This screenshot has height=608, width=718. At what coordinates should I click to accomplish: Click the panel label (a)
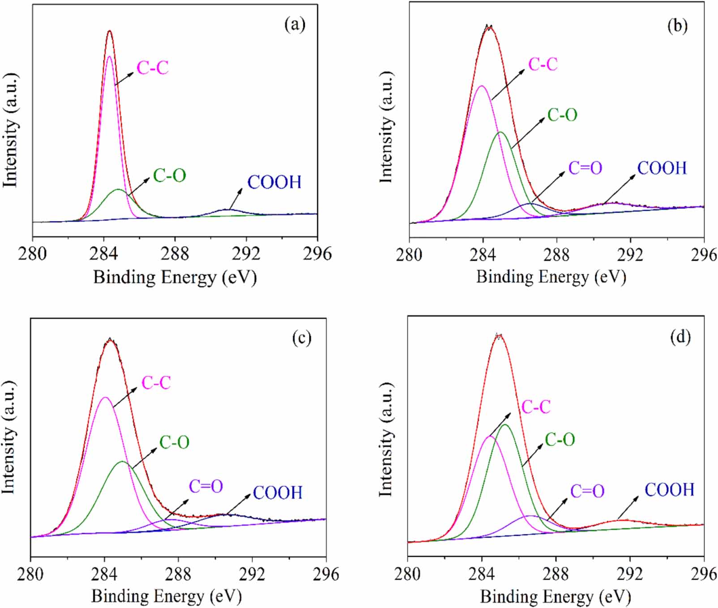coord(295,24)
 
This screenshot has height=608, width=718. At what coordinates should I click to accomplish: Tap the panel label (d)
coord(680,336)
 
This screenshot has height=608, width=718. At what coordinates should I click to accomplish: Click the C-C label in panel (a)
coord(152,68)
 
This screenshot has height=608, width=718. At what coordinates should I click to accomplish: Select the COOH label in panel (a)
coord(274,182)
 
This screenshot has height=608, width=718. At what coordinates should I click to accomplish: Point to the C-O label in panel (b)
coord(562,115)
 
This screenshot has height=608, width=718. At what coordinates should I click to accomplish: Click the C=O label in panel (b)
coord(585,168)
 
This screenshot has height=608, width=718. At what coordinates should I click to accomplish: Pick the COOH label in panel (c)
coord(278,493)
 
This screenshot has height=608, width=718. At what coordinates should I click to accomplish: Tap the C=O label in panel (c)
coord(205,486)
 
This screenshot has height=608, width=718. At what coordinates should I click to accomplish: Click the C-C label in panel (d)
coord(535,407)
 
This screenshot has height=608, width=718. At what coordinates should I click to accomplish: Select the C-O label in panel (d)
coord(560,440)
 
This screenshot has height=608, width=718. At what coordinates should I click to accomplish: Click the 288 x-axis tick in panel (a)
coord(175,254)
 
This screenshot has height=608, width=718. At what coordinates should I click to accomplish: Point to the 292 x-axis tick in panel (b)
coord(630,255)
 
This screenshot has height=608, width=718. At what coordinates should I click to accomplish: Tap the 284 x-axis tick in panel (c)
coord(104,574)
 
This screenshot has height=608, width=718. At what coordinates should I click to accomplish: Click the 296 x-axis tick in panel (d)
coord(704,574)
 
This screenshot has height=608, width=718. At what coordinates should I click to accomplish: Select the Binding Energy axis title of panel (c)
coord(167,596)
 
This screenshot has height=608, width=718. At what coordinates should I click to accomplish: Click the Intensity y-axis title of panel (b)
coord(386,127)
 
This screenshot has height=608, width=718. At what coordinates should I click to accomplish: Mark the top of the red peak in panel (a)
coord(109,31)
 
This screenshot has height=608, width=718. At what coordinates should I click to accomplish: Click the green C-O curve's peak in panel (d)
coord(505,424)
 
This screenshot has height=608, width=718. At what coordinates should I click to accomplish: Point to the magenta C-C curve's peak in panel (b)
coord(482,86)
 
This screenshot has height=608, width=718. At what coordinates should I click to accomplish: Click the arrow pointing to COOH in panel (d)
coord(628,507)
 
